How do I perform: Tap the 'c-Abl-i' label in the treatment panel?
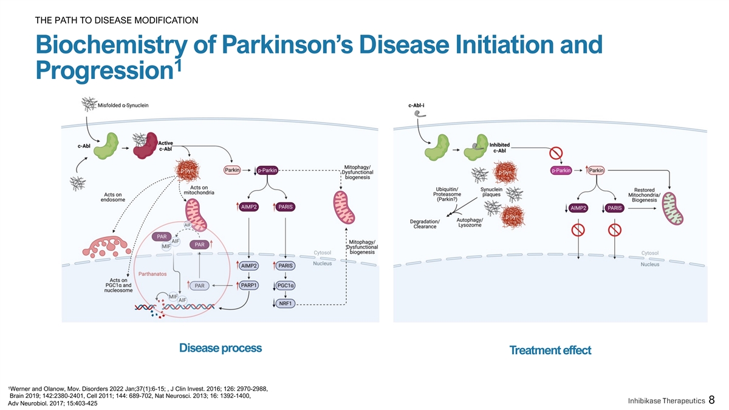pyautogui.click(x=416, y=104)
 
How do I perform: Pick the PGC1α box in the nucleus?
pyautogui.click(x=285, y=285)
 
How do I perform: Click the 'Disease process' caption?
pyautogui.click(x=221, y=348)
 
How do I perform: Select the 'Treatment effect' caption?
pyautogui.click(x=550, y=350)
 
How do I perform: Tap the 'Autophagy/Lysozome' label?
pyautogui.click(x=469, y=222)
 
